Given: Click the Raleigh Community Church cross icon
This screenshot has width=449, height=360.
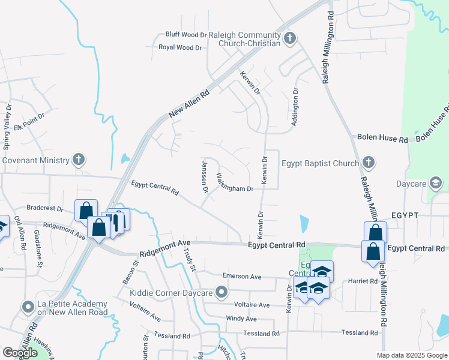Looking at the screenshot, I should pyautogui.click(x=290, y=39).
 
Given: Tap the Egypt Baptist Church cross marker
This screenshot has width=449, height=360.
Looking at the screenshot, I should pyautogui.click(x=369, y=163).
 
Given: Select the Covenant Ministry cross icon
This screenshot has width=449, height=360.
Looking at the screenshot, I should pyautogui.click(x=77, y=160).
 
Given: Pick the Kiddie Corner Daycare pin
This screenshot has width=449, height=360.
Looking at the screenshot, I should pyautogui.click(x=222, y=293).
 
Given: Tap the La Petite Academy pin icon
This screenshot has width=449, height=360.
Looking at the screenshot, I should pyautogui.click(x=28, y=308).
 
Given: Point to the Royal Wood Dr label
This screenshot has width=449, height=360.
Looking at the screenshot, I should pyautogui.click(x=180, y=47).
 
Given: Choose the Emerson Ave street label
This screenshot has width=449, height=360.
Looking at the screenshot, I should pyautogui.click(x=242, y=276).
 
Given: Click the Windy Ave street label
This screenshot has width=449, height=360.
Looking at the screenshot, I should pyautogui.click(x=241, y=319).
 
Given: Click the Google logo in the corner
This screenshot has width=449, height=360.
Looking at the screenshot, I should pyautogui.click(x=20, y=353).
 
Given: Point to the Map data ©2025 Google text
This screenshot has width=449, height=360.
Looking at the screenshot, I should pyautogui.click(x=411, y=355).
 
